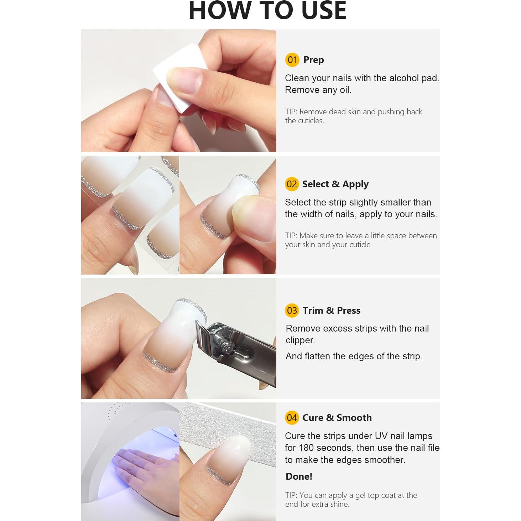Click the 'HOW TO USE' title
point(267,11)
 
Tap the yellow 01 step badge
point(292,60)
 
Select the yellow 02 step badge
point(292,184)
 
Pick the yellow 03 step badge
point(292,311)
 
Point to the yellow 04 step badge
point(292,418)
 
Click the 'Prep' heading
point(313,60)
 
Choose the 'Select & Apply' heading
point(335,184)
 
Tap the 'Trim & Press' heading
point(331,311)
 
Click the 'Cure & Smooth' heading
point(337,418)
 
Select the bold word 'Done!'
point(299,476)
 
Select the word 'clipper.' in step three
point(300,340)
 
